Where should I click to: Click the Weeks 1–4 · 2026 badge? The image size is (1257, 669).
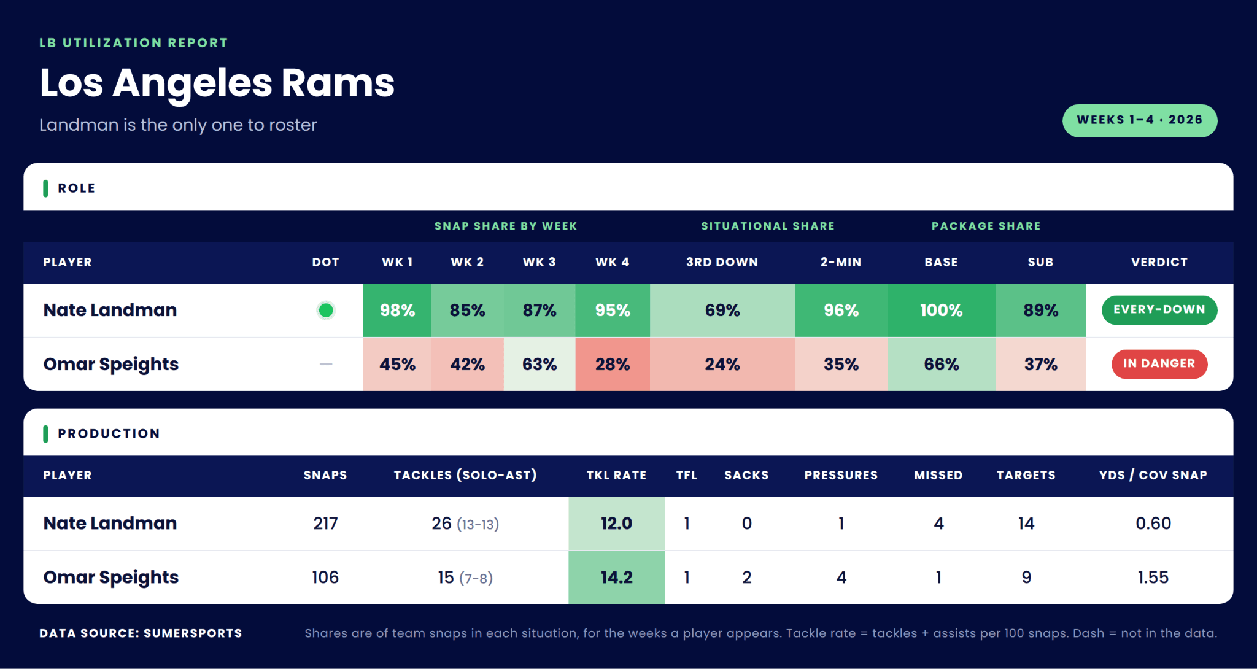point(1140,120)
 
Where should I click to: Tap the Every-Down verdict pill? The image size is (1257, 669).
point(1159,310)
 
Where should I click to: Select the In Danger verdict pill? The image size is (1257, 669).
point(1159,364)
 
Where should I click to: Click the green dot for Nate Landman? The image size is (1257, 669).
point(326,311)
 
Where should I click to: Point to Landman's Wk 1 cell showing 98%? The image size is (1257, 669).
point(397,311)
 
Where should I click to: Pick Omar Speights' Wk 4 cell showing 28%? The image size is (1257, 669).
point(613,365)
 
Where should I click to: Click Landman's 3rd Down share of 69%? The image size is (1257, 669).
point(722,311)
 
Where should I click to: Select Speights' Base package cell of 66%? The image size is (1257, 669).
point(942,365)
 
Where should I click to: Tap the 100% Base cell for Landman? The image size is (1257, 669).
point(942,311)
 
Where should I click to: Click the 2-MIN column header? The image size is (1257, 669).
point(841,262)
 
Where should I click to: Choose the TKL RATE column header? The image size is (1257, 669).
point(616,475)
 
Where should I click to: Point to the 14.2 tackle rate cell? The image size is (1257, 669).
point(616,578)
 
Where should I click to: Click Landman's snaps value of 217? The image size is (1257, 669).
point(325,524)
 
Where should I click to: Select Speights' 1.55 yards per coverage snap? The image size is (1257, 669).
point(1153,578)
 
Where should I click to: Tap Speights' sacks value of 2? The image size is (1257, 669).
point(746,578)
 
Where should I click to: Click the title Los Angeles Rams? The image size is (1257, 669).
point(217,83)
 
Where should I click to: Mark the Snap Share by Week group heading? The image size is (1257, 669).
point(506,226)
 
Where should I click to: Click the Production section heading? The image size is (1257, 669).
point(109,434)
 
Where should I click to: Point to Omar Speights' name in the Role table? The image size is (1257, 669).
point(110,365)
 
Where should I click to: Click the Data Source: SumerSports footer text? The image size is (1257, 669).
point(141,633)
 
